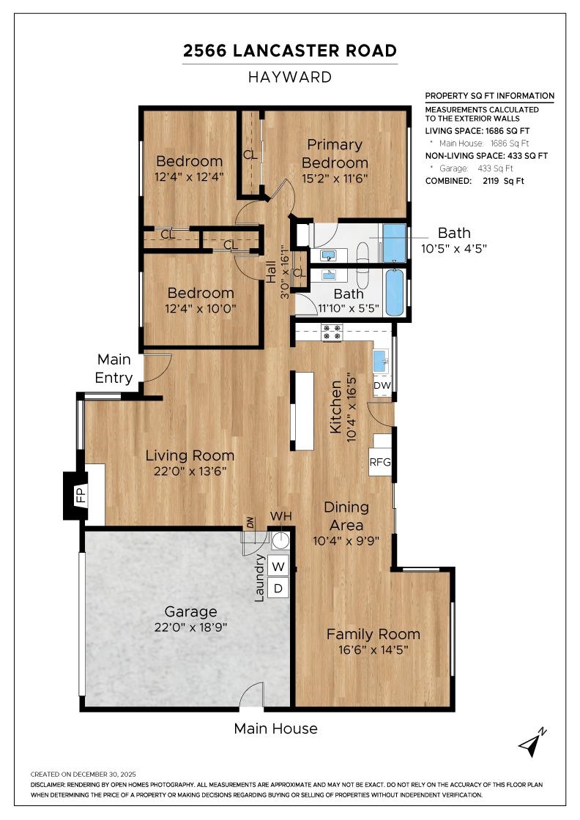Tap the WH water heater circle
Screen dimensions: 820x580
tap(280, 540)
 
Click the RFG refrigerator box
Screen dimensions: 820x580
tap(380, 462)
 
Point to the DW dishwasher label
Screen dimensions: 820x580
tap(382, 385)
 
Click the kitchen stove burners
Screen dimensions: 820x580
tap(332, 333)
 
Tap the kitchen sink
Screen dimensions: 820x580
tap(380, 360)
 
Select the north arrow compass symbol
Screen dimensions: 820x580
tap(532, 742)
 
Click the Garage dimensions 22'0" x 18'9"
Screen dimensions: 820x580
tap(190, 628)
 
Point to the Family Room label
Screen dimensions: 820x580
tap(373, 634)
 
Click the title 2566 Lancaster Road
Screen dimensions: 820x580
tap(290, 51)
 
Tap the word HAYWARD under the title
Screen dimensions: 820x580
tap(290, 77)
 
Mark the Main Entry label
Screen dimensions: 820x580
tap(114, 369)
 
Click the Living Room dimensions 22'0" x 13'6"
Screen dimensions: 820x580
tap(189, 471)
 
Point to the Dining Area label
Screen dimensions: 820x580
tap(346, 515)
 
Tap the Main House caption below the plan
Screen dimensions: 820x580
tap(275, 728)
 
